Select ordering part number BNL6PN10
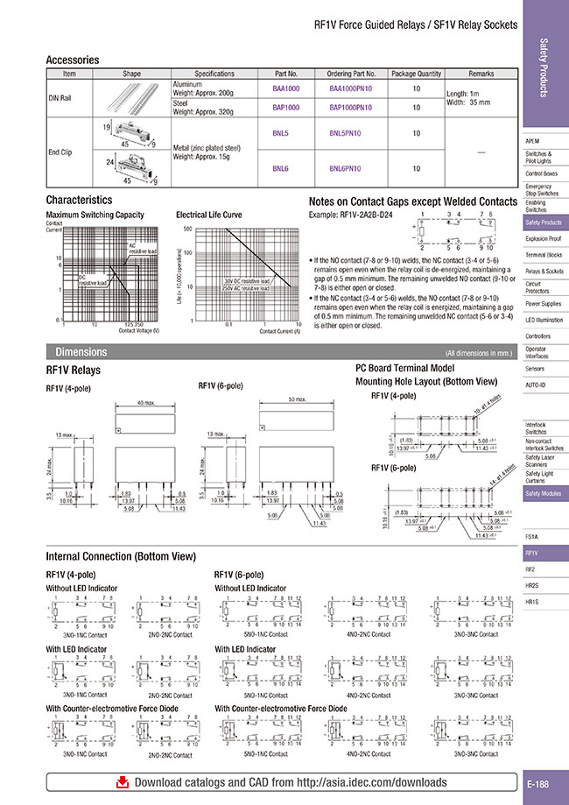350,167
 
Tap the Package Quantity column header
416,74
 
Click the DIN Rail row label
60,97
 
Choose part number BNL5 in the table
281,133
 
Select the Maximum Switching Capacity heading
95,214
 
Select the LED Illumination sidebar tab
544,320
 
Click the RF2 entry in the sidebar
531,568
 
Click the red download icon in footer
123,782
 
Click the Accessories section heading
72,60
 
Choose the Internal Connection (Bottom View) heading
121,557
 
